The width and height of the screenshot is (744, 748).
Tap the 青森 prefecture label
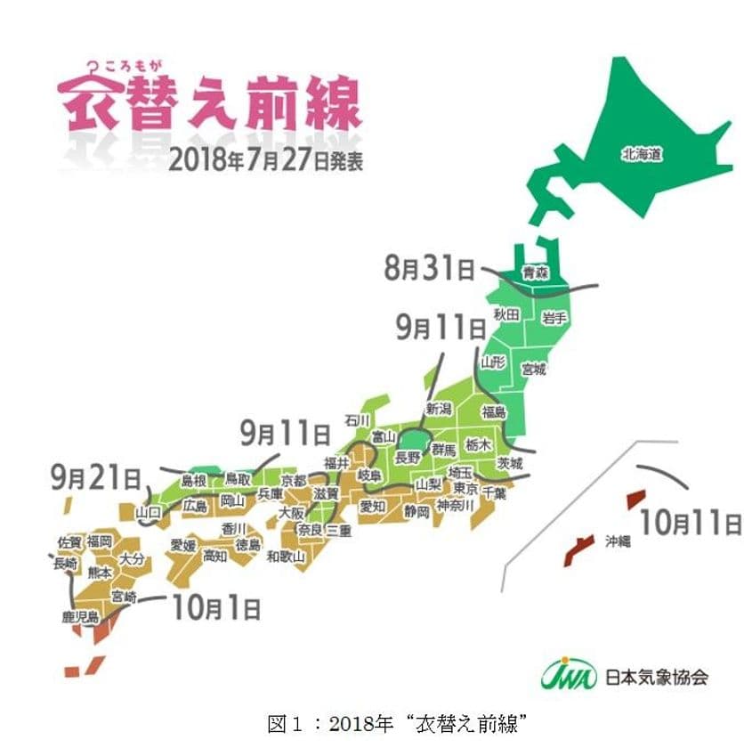coord(535,273)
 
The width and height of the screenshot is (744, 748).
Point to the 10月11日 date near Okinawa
coord(690,521)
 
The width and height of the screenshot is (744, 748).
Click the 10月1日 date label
coord(216,608)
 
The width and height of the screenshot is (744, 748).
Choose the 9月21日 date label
coord(97,478)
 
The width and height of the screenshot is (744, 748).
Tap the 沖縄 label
coord(618,541)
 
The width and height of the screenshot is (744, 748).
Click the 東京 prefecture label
coord(465,490)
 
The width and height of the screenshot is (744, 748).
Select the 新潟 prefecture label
coord(439,409)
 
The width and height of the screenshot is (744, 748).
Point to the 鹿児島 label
coord(79,617)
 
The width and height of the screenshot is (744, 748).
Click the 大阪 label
coord(291,512)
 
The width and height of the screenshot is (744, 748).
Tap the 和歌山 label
coord(286,557)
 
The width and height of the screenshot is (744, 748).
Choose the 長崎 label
coord(65,564)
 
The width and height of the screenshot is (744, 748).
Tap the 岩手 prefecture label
coord(555,316)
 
